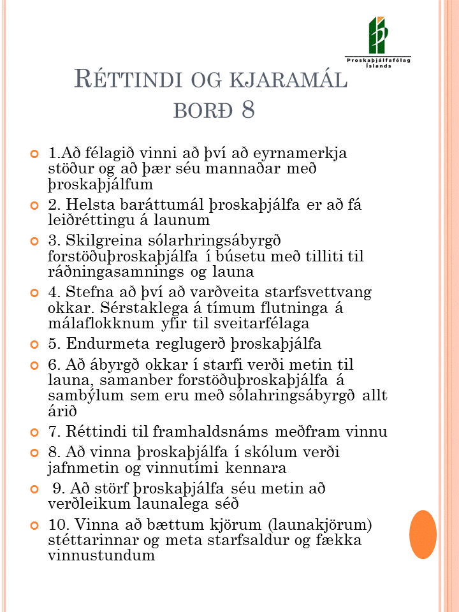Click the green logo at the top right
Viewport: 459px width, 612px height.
click(x=377, y=35)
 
